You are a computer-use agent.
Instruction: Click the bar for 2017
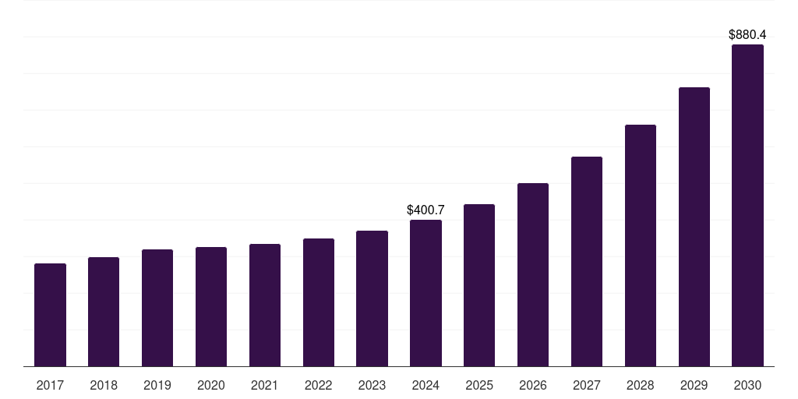[x=50, y=315]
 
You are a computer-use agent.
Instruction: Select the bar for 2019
[x=157, y=308]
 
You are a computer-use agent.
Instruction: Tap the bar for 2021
[x=265, y=305]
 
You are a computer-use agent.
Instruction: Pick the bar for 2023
[x=372, y=298]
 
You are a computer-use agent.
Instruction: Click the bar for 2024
[x=425, y=293]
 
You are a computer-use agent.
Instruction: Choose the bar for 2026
[x=533, y=274]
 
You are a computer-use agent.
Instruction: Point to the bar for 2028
[x=641, y=245]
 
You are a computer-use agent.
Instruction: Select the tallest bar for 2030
[x=747, y=205]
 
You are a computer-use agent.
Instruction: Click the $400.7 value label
[x=425, y=210]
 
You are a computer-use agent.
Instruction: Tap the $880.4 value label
[x=747, y=35]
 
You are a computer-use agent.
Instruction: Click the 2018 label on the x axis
[x=104, y=385]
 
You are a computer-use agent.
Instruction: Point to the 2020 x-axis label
[x=211, y=385]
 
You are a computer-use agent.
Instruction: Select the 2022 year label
[x=318, y=385]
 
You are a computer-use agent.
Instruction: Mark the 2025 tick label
[x=479, y=385]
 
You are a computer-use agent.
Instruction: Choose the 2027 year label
[x=586, y=385]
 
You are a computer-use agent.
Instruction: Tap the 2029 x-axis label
[x=694, y=385]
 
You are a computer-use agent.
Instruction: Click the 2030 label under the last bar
[x=747, y=385]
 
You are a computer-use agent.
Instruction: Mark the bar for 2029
[x=694, y=227]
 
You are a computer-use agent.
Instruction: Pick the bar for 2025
[x=479, y=285]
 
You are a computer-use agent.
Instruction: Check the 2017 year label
[x=50, y=385]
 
